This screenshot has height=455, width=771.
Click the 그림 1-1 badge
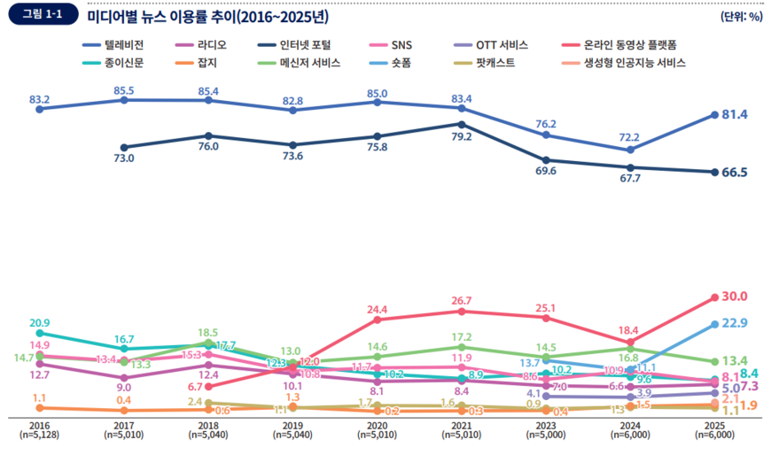pyautogui.click(x=42, y=15)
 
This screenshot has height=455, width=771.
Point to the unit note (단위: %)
pyautogui.click(x=742, y=16)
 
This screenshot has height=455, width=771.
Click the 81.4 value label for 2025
pyautogui.click(x=736, y=115)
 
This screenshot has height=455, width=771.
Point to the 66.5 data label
pyautogui.click(x=736, y=173)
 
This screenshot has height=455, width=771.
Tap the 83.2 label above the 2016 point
pyautogui.click(x=39, y=99)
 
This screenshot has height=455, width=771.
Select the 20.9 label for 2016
pyautogui.click(x=39, y=323)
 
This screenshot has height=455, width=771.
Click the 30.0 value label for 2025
pyautogui.click(x=735, y=297)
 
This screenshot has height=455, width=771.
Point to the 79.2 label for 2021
pyautogui.click(x=461, y=137)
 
